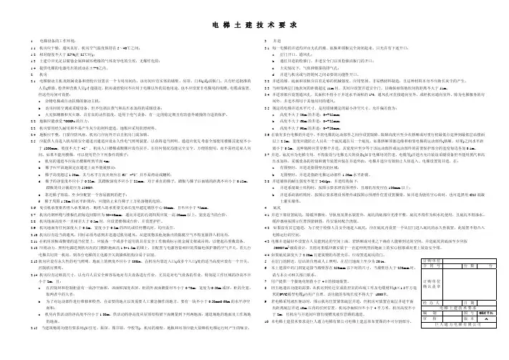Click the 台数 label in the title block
469,266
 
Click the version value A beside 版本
486,318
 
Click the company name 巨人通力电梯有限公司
459,325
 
